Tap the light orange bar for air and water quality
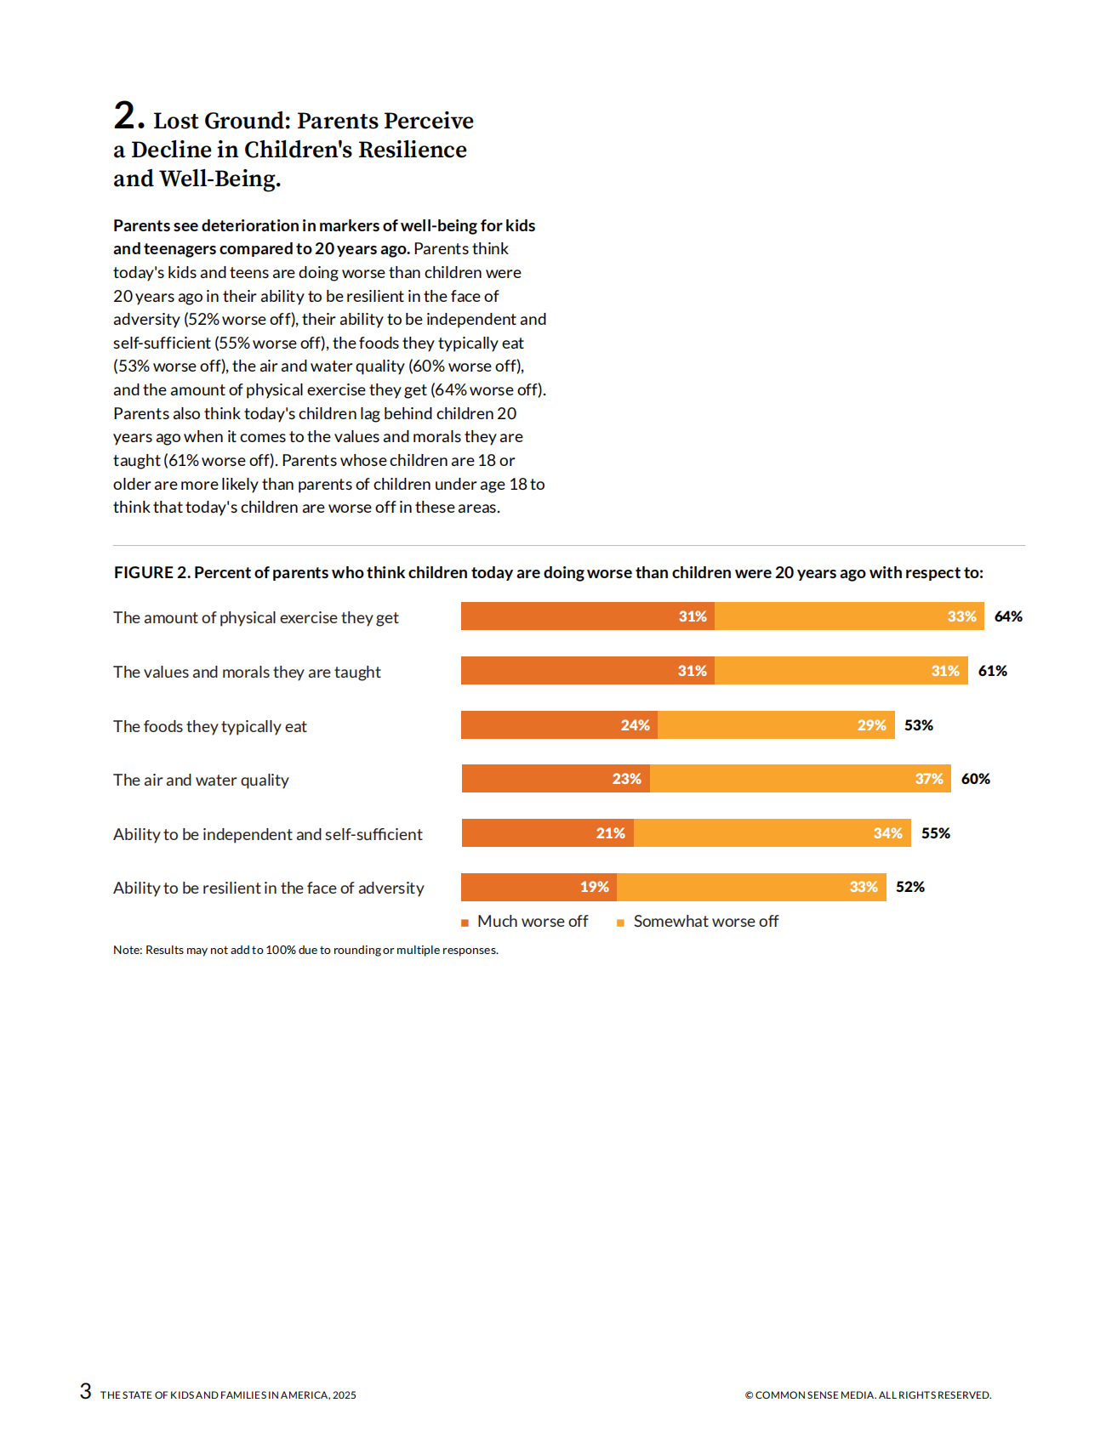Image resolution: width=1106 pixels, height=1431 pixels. coord(783,779)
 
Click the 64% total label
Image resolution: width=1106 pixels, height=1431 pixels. coord(1008,616)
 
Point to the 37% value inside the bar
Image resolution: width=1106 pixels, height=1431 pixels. coord(929,779)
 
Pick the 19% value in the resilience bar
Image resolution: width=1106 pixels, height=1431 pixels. coord(594,887)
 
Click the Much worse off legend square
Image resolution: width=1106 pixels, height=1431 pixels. coord(465,923)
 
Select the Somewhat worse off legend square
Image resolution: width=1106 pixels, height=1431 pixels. coord(620,923)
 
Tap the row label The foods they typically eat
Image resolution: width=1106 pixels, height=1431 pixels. coord(210,726)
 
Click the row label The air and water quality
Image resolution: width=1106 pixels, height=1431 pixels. coord(201,780)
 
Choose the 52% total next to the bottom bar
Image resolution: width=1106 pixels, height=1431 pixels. coord(909,887)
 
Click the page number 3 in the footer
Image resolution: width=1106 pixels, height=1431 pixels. coord(85,1391)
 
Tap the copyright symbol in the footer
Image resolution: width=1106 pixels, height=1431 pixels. coord(749,1395)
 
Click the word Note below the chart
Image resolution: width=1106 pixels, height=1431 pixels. coord(127,950)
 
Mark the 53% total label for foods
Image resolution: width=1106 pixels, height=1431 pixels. coord(918,725)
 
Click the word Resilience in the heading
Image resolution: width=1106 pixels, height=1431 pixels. coord(412,150)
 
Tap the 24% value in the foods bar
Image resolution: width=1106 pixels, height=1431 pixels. coord(635,725)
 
